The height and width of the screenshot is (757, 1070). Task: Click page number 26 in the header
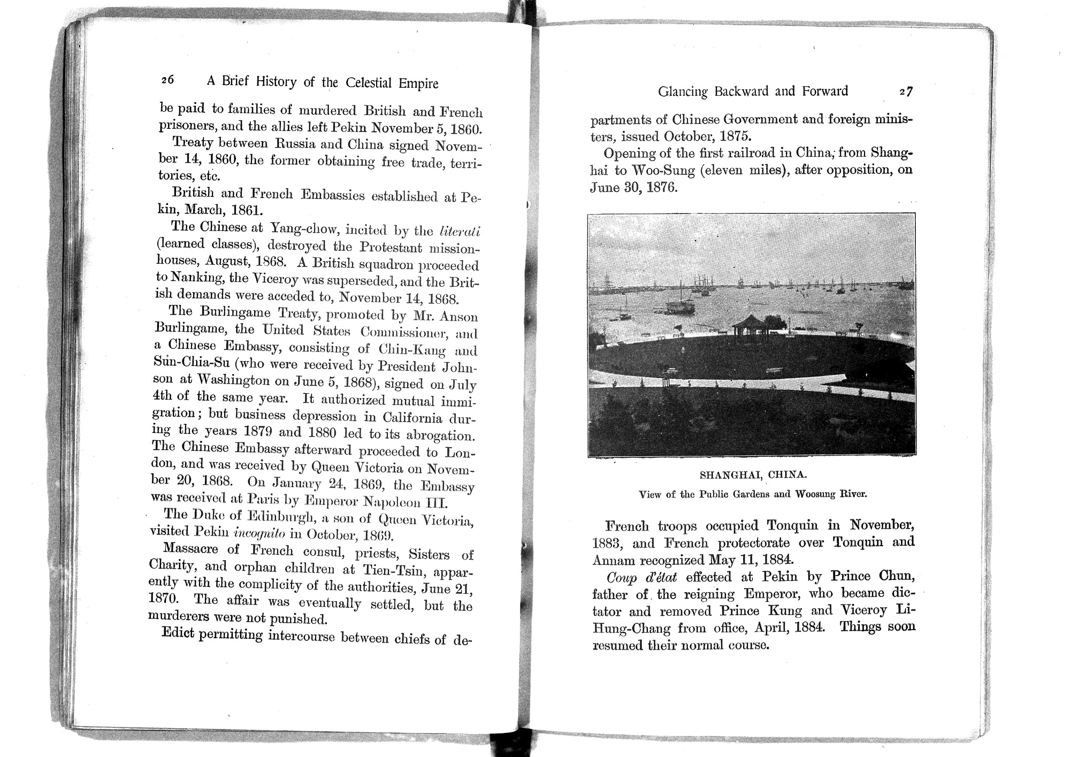pyautogui.click(x=167, y=80)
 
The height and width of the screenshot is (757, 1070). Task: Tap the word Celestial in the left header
pyautogui.click(x=371, y=83)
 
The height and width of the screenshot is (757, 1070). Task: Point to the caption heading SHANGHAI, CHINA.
pyautogui.click(x=753, y=475)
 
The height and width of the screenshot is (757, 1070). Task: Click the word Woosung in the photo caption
pyautogui.click(x=818, y=494)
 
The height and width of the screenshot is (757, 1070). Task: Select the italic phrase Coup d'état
pyautogui.click(x=635, y=577)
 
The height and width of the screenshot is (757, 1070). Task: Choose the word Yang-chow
pyautogui.click(x=303, y=228)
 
